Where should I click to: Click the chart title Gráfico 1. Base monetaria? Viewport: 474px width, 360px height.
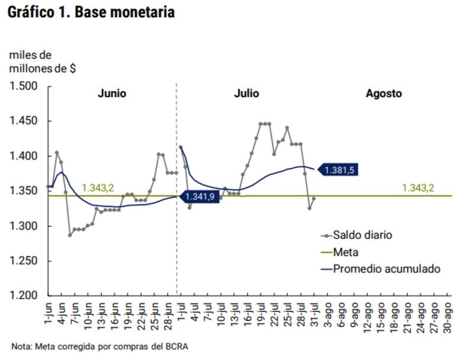(x=91, y=12)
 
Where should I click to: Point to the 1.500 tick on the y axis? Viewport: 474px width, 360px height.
(x=24, y=87)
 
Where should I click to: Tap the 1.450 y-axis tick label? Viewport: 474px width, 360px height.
(x=24, y=122)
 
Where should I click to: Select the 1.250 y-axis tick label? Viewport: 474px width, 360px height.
(x=24, y=261)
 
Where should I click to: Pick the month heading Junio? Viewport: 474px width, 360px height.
(x=112, y=94)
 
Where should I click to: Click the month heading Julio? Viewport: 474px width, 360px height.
(x=246, y=94)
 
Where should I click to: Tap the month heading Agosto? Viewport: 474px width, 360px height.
(x=383, y=94)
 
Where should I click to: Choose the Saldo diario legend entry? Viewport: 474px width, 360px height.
(x=362, y=235)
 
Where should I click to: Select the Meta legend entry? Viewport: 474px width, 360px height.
(x=346, y=252)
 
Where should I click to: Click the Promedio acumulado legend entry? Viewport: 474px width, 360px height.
(x=386, y=269)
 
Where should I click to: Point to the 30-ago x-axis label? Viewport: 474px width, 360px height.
(x=447, y=314)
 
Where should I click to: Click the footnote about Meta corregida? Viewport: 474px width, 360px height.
(x=102, y=346)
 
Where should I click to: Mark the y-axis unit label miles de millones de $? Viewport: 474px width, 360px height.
(x=42, y=62)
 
